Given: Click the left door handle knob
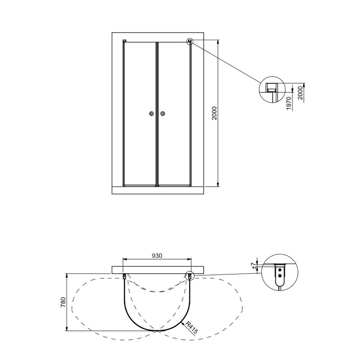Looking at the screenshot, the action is coord(151,113).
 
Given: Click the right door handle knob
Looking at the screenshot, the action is coord(163,113).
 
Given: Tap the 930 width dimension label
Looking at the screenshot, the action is coord(157,256).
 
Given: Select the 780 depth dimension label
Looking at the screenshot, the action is coord(63,302).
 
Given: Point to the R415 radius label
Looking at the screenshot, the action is coord(192,328).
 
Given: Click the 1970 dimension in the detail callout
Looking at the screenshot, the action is coord(289,103).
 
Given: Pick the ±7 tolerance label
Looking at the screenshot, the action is coord(254,266).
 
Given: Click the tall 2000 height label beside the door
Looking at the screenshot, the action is coord(214,113).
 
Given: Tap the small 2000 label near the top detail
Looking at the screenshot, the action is coord(301,93).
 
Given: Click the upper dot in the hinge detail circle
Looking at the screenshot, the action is coord(279,270).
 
